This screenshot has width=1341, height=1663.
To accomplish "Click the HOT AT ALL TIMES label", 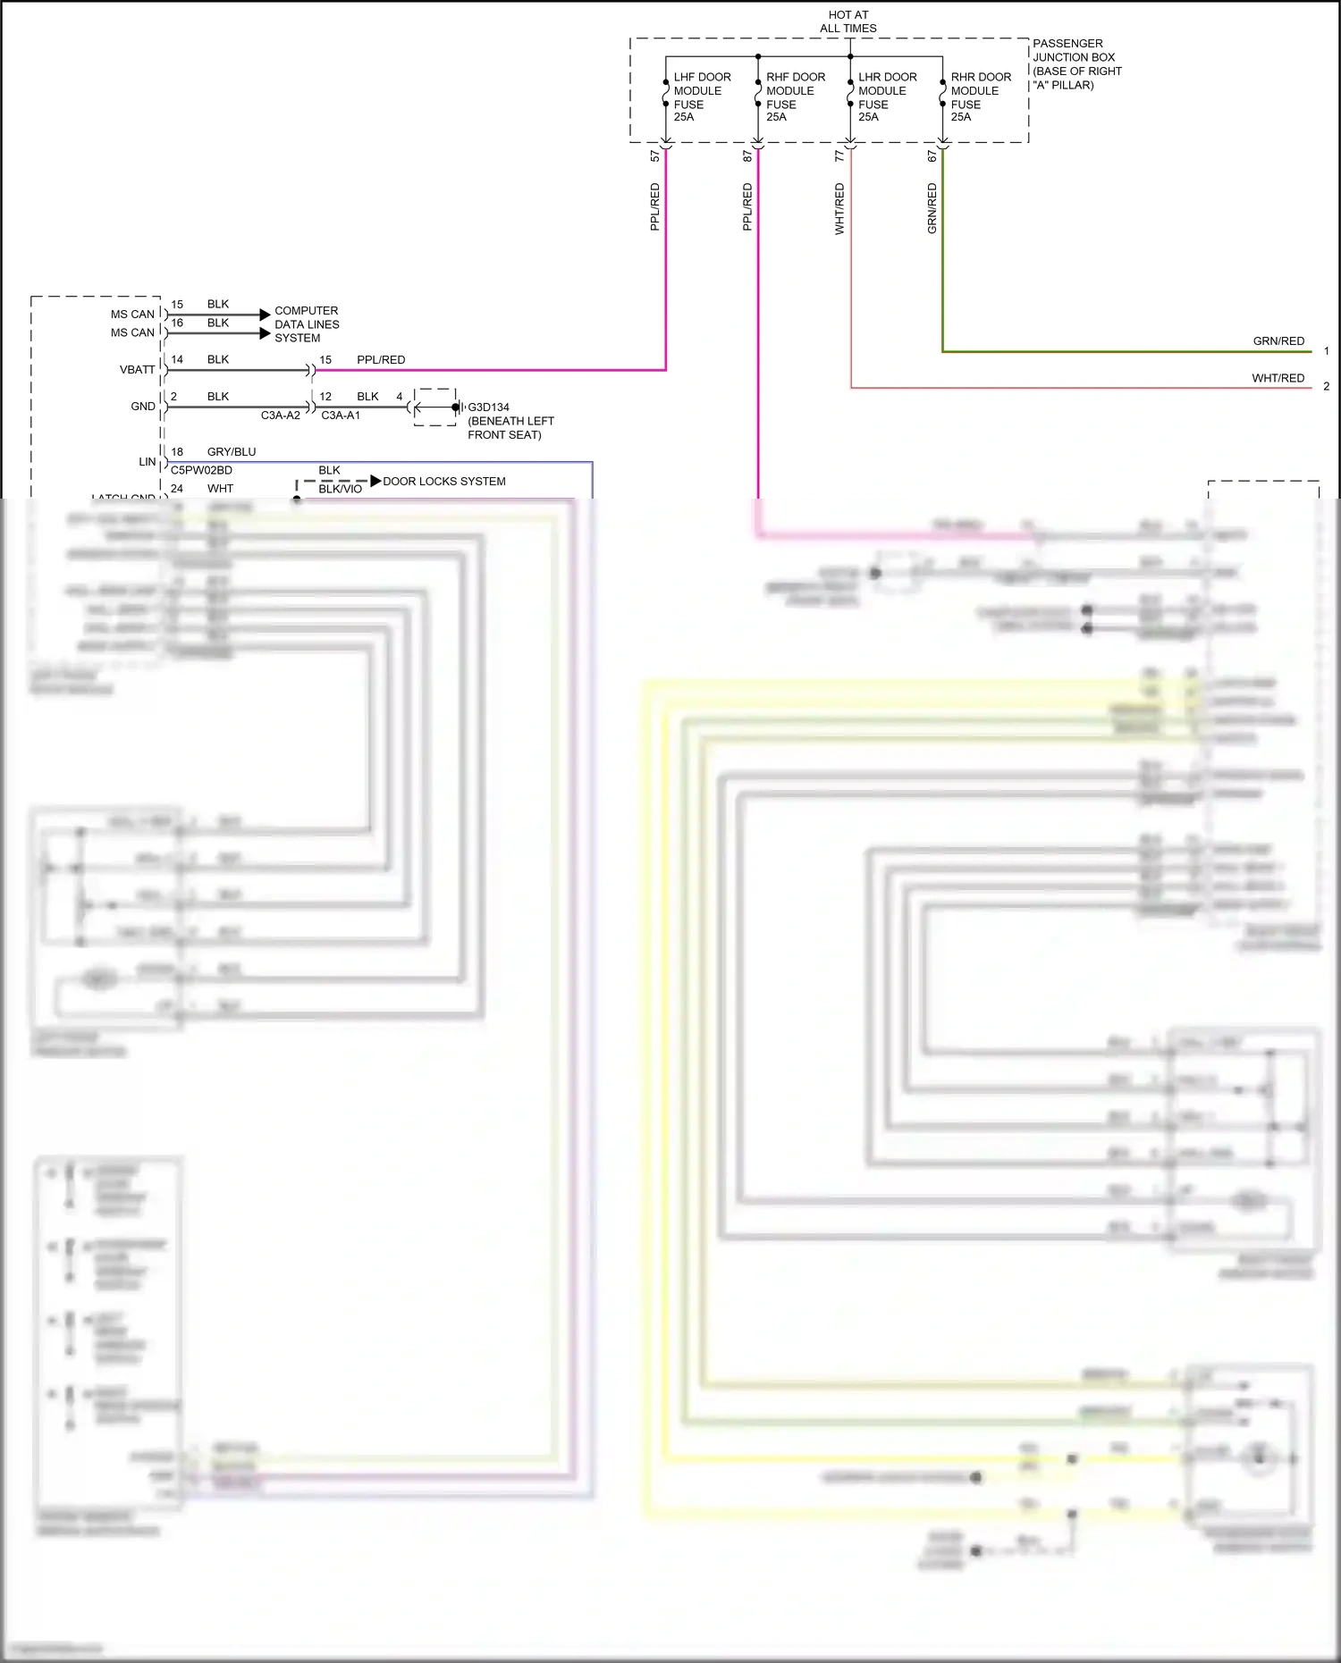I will pos(848,21).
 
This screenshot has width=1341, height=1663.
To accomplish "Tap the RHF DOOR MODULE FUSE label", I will pos(795,97).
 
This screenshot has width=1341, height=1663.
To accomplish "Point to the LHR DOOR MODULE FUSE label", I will pos(887,97).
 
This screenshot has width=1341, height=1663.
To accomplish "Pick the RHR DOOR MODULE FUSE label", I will pos(980,97).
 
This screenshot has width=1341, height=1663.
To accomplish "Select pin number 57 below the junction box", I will pos(654,155).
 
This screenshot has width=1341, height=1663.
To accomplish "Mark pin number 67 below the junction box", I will pos(932,155).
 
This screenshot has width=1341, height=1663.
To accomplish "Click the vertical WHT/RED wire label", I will pos(839,208).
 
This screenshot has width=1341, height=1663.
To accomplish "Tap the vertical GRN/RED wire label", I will pos(932,208).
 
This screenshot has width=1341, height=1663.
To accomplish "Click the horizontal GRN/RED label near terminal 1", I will pos(1278,340).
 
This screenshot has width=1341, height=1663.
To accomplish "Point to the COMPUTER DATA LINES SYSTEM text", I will pos(306,324).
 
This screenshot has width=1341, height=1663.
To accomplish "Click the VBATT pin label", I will pos(137,369).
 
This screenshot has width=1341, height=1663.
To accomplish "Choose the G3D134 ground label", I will pos(488,407).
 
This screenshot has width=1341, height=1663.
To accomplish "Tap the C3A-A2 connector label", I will pos(280,416).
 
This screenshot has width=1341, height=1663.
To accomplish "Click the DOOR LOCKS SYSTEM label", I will pos(443,481).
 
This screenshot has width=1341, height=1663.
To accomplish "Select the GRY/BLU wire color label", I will pos(231,451).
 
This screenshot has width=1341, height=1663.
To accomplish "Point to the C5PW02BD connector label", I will pos(201,470).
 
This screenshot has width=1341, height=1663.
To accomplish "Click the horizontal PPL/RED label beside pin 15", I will pos(381,359).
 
